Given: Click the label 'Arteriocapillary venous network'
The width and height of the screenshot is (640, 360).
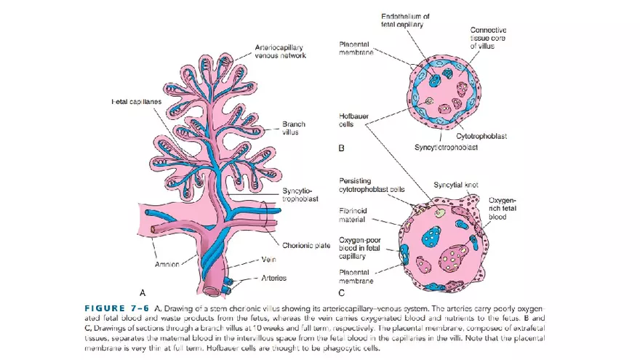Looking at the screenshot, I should tap(280, 51).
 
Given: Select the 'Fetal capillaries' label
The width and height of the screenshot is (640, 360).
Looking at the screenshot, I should tap(136, 101).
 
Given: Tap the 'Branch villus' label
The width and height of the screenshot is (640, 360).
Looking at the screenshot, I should tap(294, 128).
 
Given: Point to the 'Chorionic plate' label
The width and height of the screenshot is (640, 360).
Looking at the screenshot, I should tap(306, 245).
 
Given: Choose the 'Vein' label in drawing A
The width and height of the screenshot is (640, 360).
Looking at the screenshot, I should tap(268, 260).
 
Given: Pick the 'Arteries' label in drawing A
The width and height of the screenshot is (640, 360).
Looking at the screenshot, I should tap(274, 278).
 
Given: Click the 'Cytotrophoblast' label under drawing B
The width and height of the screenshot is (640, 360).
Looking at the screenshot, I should tap(481, 136).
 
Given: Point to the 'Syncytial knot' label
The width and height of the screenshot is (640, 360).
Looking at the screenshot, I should tap(456, 185).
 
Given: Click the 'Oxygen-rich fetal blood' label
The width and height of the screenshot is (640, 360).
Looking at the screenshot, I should tap(503, 208).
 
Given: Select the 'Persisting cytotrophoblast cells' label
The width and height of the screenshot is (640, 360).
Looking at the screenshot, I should tap(372, 185).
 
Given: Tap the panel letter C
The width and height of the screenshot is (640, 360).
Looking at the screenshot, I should tap(341, 292).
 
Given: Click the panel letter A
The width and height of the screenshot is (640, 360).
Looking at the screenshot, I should tap(143, 292).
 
